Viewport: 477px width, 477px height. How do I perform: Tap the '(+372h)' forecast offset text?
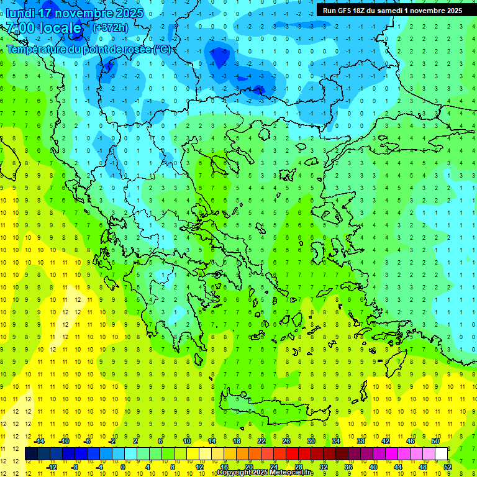pos(111,28)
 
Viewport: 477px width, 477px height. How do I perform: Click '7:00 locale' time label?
pos(43,28)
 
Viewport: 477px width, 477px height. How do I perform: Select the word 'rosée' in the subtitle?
pos(136,50)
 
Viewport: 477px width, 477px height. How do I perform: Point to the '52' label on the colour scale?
pos(448,466)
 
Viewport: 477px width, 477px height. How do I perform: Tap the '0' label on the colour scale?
pos(123,466)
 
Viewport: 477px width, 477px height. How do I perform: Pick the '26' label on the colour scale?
pos(286,440)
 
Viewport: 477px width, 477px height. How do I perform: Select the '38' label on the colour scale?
pos(361,440)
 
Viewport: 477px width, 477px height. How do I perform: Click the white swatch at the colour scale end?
pos(442,453)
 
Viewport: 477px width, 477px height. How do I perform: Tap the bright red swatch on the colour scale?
pos(293,453)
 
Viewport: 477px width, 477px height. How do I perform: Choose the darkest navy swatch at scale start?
pos(32,453)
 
